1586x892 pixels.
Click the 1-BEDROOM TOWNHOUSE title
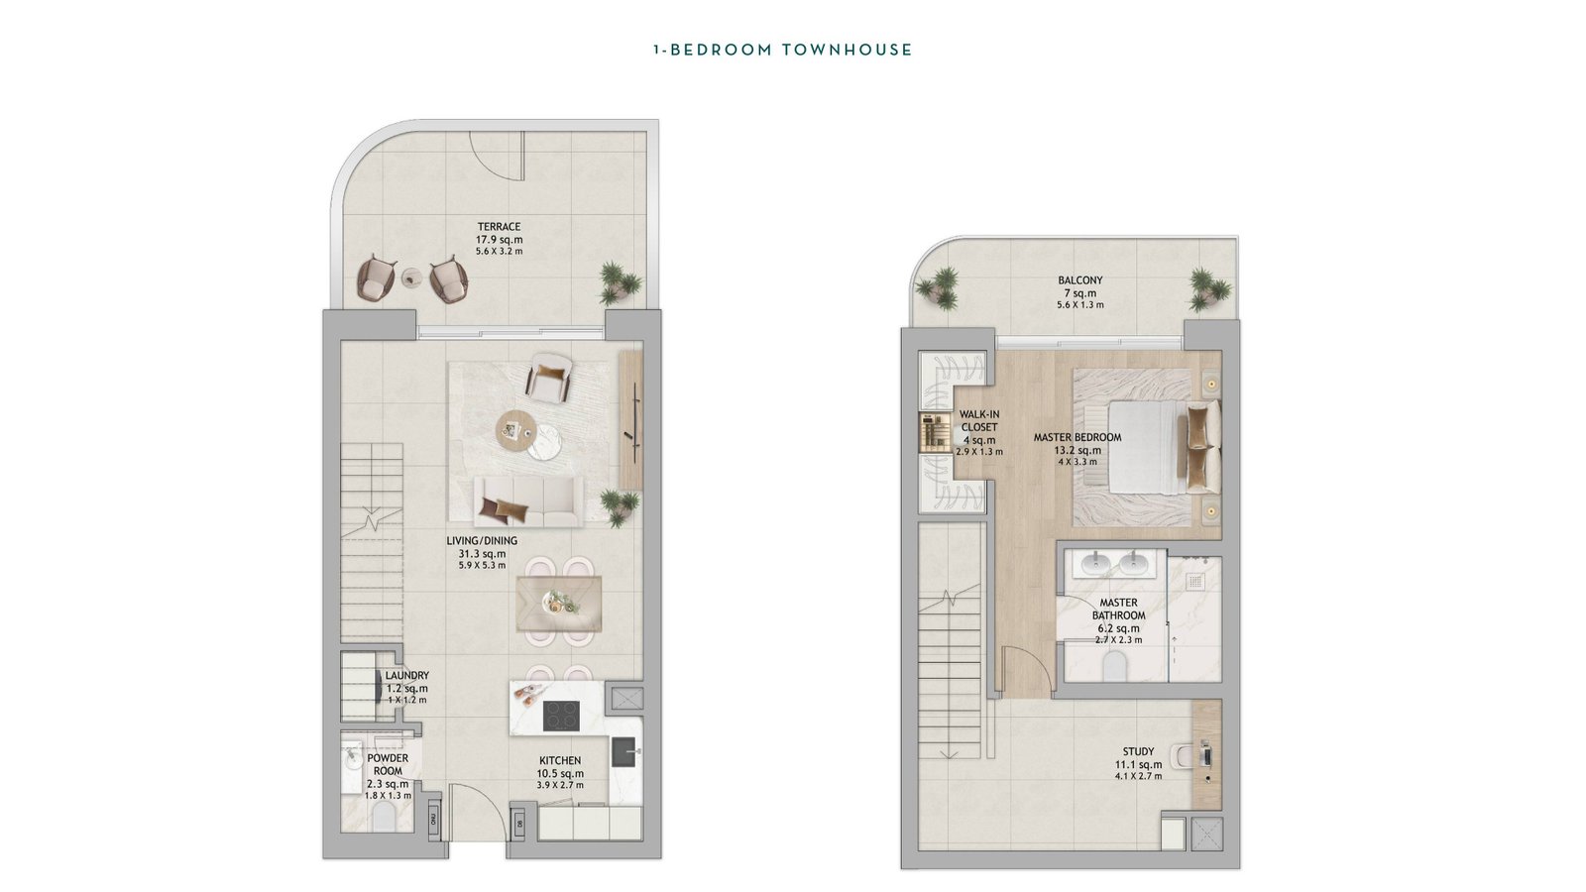point(782,50)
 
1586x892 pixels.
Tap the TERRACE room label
point(500,227)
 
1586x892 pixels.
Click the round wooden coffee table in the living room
point(517,431)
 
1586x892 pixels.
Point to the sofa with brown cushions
point(528,502)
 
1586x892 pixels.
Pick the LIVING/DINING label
point(482,541)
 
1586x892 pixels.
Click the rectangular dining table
point(559,604)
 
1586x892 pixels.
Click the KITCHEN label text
point(559,761)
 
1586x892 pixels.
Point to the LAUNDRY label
point(407,675)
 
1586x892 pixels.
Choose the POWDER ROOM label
point(388,764)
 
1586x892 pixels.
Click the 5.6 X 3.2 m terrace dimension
point(500,252)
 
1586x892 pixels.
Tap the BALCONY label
point(1080,280)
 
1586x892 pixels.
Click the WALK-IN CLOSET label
point(978,420)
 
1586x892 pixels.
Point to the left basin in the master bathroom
point(1096,564)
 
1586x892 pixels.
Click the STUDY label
point(1139,752)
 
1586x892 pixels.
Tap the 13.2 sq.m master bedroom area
point(1077,450)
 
